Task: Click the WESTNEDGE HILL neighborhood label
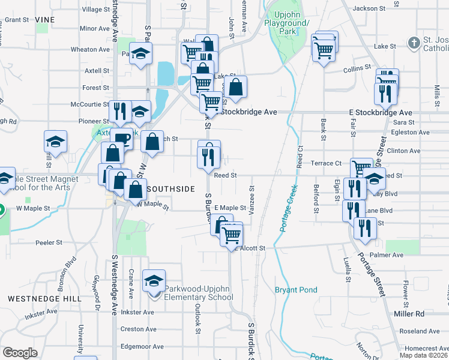[x=35, y=298]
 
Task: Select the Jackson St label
[x=369, y=8]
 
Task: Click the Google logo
[x=20, y=353]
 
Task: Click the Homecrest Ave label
[x=426, y=348]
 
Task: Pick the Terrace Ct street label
[x=326, y=163]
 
